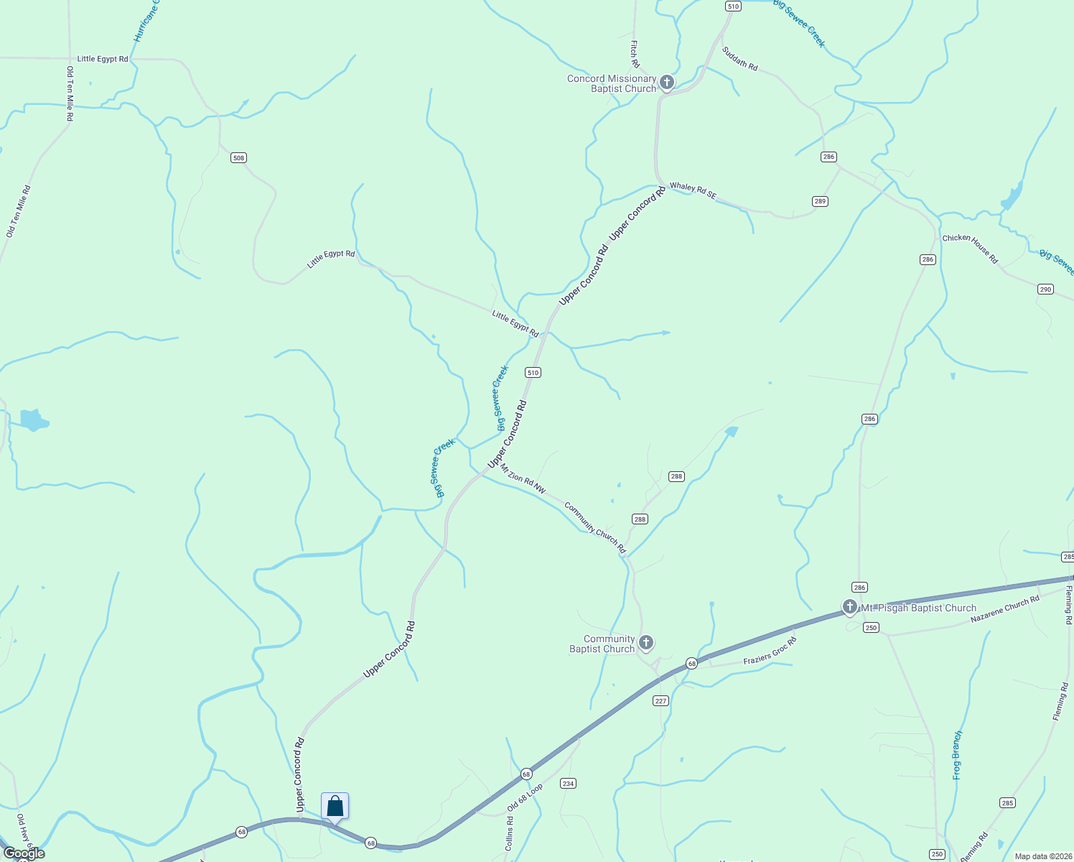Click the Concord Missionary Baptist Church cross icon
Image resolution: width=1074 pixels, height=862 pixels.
(x=666, y=83)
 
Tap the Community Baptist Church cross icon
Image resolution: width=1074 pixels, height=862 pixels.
(x=646, y=642)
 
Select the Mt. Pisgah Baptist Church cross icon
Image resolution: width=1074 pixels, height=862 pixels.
(x=849, y=607)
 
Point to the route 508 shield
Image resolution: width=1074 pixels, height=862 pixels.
(x=238, y=158)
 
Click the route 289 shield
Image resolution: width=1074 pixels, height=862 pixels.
(x=821, y=201)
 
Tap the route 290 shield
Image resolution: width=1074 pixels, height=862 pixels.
(x=1045, y=289)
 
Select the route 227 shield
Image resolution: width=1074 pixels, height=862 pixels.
(x=660, y=701)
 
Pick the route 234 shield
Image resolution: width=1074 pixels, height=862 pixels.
(x=568, y=784)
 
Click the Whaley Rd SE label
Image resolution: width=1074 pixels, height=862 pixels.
(x=693, y=190)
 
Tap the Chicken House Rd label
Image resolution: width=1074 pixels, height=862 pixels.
(x=970, y=248)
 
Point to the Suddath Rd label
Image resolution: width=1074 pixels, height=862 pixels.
(x=739, y=59)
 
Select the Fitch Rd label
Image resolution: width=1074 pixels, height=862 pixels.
(x=635, y=54)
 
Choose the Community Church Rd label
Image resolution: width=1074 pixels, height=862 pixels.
(x=595, y=528)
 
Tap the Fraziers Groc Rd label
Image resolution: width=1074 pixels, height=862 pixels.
(x=770, y=650)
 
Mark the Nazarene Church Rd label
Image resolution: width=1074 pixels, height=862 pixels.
(x=1004, y=609)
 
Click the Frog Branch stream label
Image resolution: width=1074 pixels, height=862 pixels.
(x=957, y=755)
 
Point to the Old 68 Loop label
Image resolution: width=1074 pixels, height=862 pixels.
(x=525, y=797)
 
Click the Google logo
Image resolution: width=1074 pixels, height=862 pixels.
(x=24, y=853)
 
